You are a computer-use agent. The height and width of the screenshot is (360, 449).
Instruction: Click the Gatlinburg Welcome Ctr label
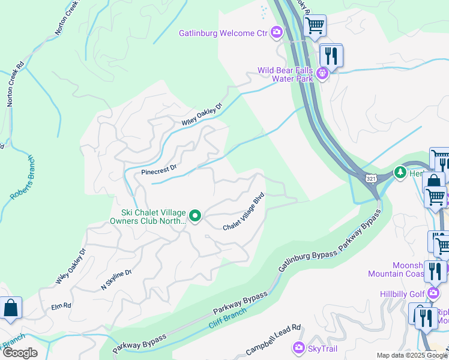[222, 33]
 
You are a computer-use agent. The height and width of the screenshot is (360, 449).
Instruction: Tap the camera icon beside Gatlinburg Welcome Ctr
[277, 32]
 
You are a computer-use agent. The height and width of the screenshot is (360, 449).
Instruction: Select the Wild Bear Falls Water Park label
[286, 74]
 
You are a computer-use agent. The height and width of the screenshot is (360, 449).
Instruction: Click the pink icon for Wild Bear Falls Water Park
[323, 74]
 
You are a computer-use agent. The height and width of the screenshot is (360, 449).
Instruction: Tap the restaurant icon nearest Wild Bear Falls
[331, 56]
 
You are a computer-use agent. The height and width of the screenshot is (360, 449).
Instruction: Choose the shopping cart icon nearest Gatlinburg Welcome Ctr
[314, 26]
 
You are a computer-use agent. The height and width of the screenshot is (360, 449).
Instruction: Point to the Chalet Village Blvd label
[244, 212]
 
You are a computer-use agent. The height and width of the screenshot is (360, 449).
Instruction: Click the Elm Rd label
[61, 305]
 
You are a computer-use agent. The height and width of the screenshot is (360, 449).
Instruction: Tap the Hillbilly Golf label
[401, 293]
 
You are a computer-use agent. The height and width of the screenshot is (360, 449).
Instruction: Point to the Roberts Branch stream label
[22, 178]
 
